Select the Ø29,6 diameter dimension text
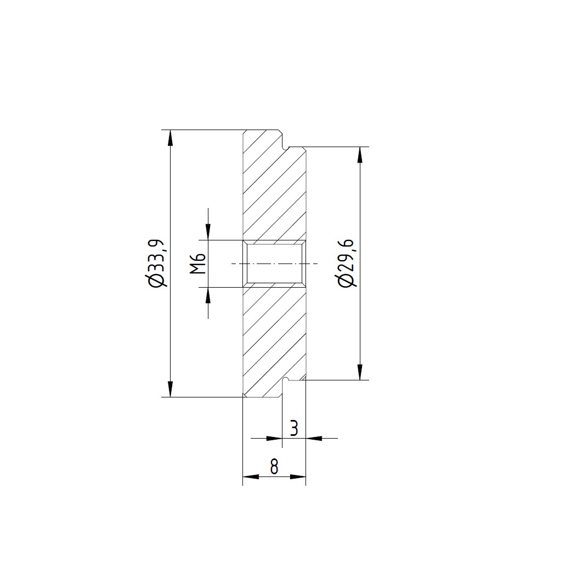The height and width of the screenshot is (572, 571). [345, 263]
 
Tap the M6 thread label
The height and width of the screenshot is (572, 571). [199, 263]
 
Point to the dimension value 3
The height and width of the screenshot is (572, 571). [294, 428]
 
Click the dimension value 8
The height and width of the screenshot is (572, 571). [274, 467]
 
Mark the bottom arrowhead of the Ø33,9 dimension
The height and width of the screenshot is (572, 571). [170, 389]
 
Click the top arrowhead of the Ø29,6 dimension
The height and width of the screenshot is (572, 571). [360, 155]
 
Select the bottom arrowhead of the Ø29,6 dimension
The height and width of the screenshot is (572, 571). [360, 372]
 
